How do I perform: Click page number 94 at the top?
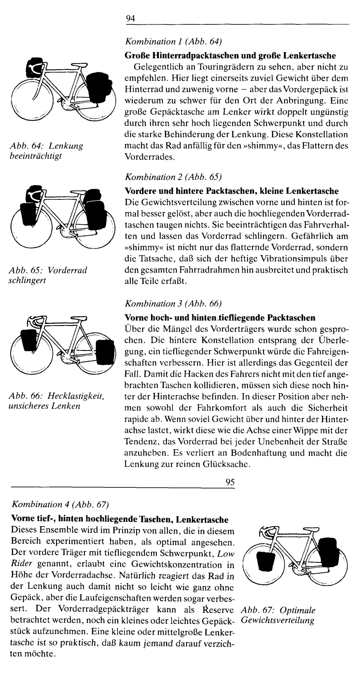[x=130, y=19]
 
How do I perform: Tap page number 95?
[x=230, y=483]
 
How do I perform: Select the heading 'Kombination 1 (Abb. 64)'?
[x=173, y=42]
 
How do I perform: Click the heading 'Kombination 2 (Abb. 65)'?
[x=173, y=177]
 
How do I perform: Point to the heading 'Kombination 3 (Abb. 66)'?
[x=173, y=303]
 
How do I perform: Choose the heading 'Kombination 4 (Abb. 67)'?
[x=61, y=504]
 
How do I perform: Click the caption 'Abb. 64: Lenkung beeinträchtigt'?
[x=46, y=150]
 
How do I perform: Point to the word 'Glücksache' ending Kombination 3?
[x=228, y=465]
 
